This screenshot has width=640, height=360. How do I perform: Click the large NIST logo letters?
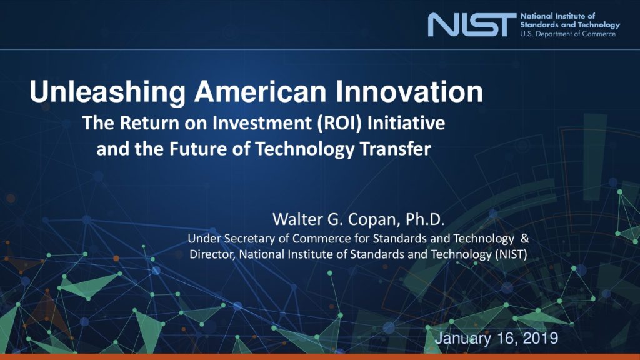pyautogui.click(x=472, y=24)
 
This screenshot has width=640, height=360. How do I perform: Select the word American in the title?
pyautogui.click(x=260, y=91)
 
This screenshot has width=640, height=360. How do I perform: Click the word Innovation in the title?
pyautogui.click(x=409, y=91)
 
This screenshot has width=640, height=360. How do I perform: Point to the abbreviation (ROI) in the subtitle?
pyautogui.click(x=340, y=123)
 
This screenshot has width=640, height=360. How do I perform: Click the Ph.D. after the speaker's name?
pyautogui.click(x=424, y=219)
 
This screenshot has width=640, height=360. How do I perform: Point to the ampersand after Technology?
pyautogui.click(x=525, y=238)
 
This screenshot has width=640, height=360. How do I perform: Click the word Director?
pyautogui.click(x=212, y=255)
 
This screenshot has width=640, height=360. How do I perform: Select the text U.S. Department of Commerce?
pyautogui.click(x=567, y=34)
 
